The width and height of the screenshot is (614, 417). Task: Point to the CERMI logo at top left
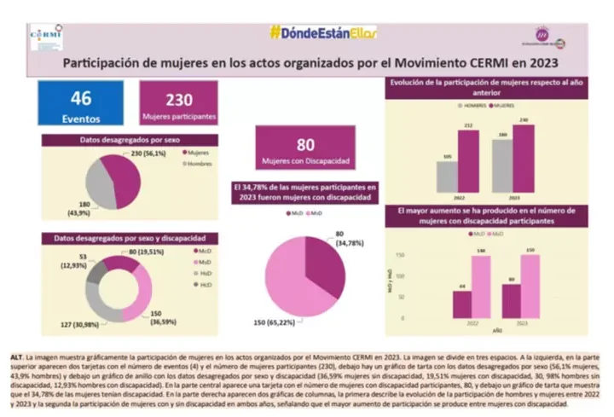[x=46, y=38]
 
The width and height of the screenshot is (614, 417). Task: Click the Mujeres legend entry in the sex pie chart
[x=197, y=153]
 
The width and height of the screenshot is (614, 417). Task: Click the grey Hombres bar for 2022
[x=448, y=176]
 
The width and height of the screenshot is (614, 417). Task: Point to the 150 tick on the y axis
[x=400, y=255]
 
